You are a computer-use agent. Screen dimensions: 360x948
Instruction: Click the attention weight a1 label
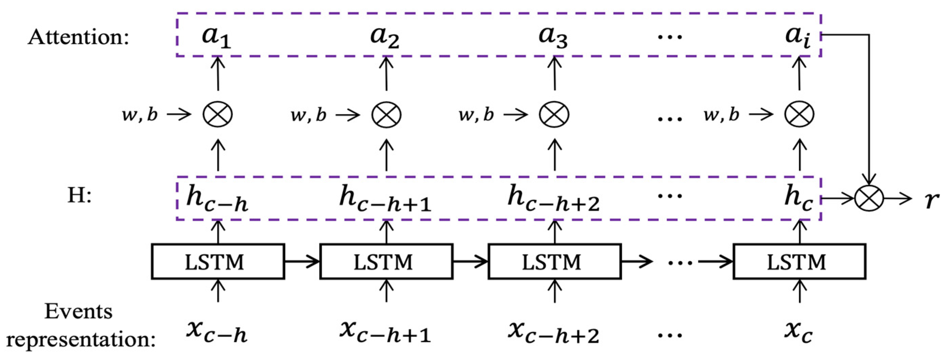[216, 37]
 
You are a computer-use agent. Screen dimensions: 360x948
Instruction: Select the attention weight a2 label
[385, 37]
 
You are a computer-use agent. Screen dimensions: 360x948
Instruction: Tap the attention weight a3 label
[553, 37]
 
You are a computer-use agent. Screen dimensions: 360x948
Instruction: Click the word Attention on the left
[78, 37]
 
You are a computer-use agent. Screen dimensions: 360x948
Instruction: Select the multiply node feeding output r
[869, 198]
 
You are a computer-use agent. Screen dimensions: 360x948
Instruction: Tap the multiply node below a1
[218, 114]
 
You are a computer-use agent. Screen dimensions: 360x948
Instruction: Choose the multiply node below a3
[554, 114]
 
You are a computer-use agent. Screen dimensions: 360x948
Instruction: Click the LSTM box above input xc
[799, 262]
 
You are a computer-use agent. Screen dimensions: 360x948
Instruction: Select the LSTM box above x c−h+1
[386, 262]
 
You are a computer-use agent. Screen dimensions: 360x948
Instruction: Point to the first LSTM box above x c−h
[218, 262]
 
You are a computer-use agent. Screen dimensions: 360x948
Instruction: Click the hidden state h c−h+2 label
[553, 199]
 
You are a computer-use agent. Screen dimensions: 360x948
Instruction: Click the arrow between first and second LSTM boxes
[302, 262]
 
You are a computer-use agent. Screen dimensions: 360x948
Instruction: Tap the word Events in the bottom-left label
[78, 311]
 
